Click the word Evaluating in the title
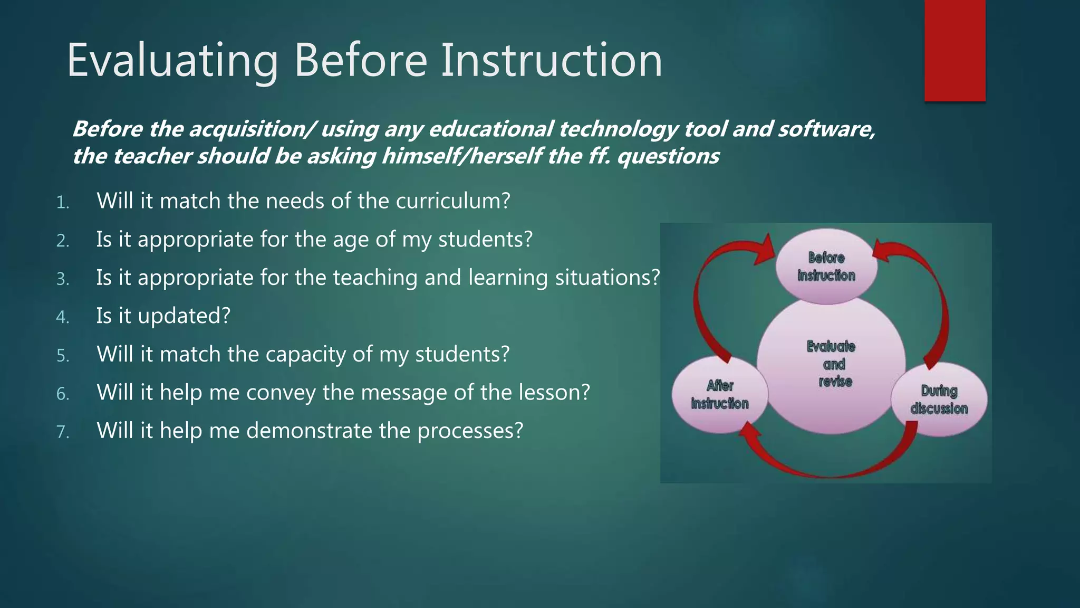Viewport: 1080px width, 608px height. (x=172, y=61)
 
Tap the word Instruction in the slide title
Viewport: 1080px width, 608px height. (x=551, y=61)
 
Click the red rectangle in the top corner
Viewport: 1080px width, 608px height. (x=954, y=50)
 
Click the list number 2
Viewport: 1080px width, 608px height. (x=63, y=241)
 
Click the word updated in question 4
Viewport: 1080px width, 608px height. (x=184, y=316)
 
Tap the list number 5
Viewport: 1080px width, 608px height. (x=63, y=356)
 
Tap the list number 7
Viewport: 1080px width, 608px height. (x=63, y=432)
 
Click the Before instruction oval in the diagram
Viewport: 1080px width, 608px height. (x=826, y=267)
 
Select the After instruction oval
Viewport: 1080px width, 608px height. (x=720, y=394)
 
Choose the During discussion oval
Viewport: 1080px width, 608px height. (x=939, y=399)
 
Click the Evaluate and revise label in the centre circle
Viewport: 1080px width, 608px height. (x=832, y=364)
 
